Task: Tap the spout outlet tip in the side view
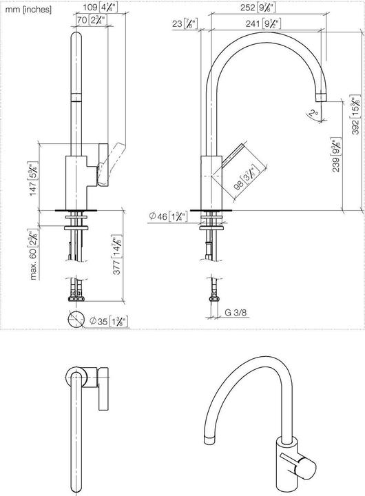322,94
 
